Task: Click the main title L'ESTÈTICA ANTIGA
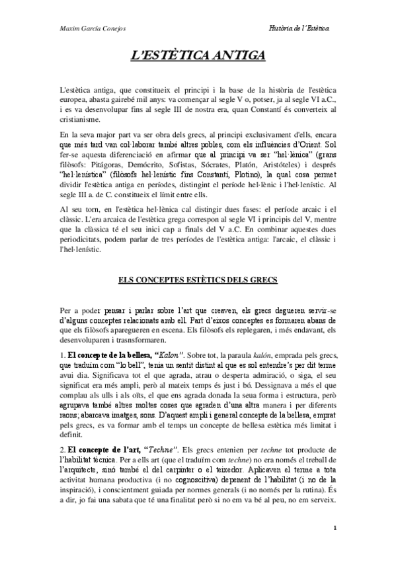pyautogui.click(x=198, y=56)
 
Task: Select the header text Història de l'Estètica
pyautogui.click(x=301, y=27)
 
